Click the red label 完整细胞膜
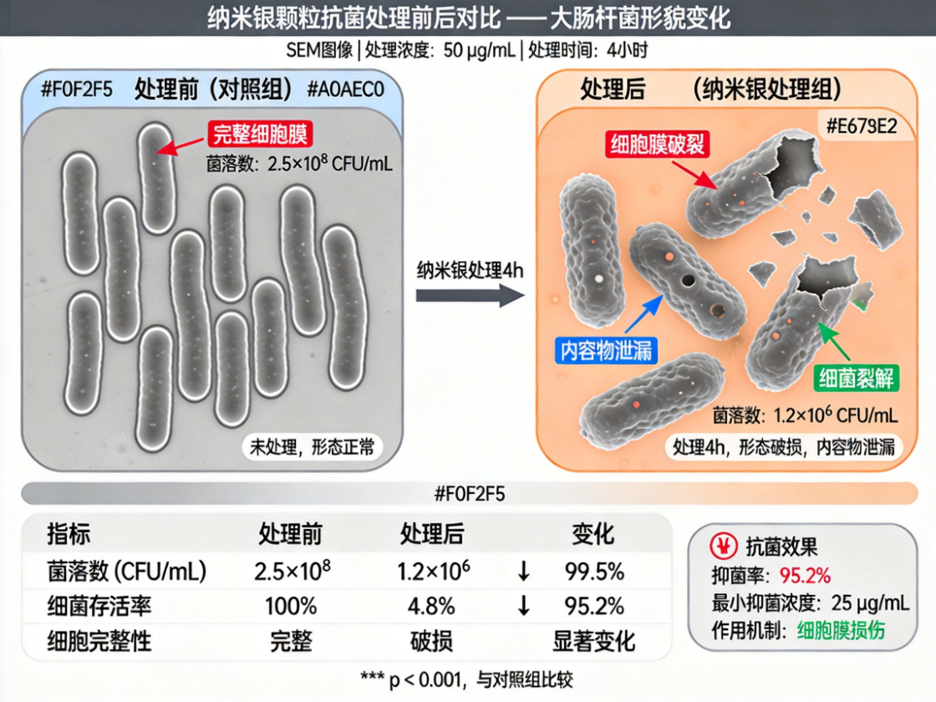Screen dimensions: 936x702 click(x=260, y=135)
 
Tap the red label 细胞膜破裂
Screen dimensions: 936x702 click(x=657, y=144)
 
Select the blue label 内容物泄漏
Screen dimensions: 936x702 click(x=606, y=350)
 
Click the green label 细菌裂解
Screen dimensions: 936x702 click(x=857, y=378)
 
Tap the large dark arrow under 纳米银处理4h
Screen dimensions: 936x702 click(x=470, y=296)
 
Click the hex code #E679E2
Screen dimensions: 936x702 click(x=862, y=126)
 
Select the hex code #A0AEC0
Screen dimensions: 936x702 click(x=346, y=89)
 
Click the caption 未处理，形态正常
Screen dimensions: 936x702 click(x=312, y=446)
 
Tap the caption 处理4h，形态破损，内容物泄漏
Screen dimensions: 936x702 click(x=784, y=447)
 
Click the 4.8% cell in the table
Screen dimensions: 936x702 click(x=431, y=607)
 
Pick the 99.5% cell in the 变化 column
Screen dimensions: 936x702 click(x=594, y=572)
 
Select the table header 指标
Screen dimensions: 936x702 click(x=69, y=534)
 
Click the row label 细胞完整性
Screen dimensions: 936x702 click(x=99, y=641)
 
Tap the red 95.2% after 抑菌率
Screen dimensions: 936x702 click(x=806, y=576)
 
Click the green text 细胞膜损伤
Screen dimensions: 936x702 click(x=841, y=630)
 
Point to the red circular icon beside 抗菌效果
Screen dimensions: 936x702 click(x=724, y=546)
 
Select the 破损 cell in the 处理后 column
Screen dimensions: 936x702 click(x=431, y=641)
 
